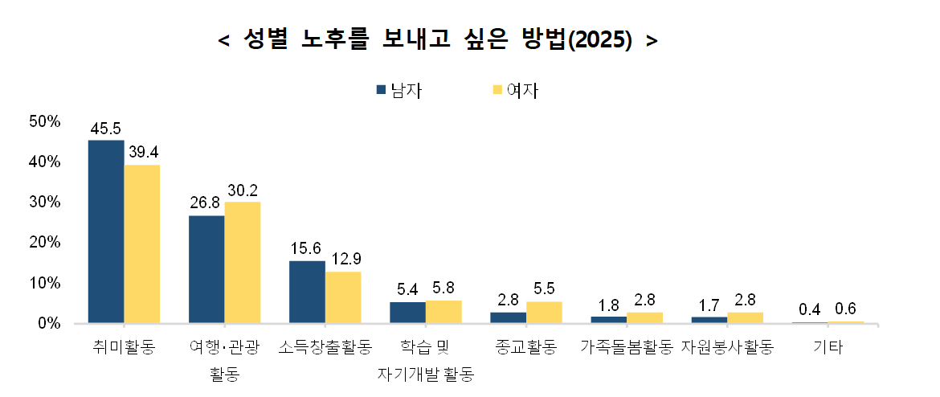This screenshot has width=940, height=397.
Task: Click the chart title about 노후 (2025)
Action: click(x=438, y=41)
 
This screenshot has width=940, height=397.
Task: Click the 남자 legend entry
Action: click(x=398, y=90)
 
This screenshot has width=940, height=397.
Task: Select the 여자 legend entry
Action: click(x=515, y=90)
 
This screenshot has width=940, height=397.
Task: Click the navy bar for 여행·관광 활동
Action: click(x=206, y=269)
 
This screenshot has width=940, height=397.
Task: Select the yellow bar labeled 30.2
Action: click(x=243, y=262)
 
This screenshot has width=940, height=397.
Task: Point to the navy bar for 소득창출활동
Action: click(x=307, y=292)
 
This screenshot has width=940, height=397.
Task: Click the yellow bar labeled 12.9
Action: click(x=343, y=297)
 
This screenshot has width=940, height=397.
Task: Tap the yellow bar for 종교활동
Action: click(x=544, y=313)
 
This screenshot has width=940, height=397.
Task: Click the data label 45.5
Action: click(x=106, y=129)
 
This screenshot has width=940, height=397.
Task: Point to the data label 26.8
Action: click(x=206, y=203)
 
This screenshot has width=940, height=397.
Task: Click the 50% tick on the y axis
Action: click(x=45, y=121)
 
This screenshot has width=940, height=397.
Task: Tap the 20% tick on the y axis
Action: click(x=45, y=242)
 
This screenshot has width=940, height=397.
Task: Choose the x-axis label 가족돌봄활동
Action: click(x=626, y=348)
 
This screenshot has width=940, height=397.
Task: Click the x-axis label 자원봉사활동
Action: click(x=727, y=348)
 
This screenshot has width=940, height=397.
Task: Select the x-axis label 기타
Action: click(x=828, y=348)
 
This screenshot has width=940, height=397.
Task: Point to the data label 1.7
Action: click(x=709, y=305)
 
